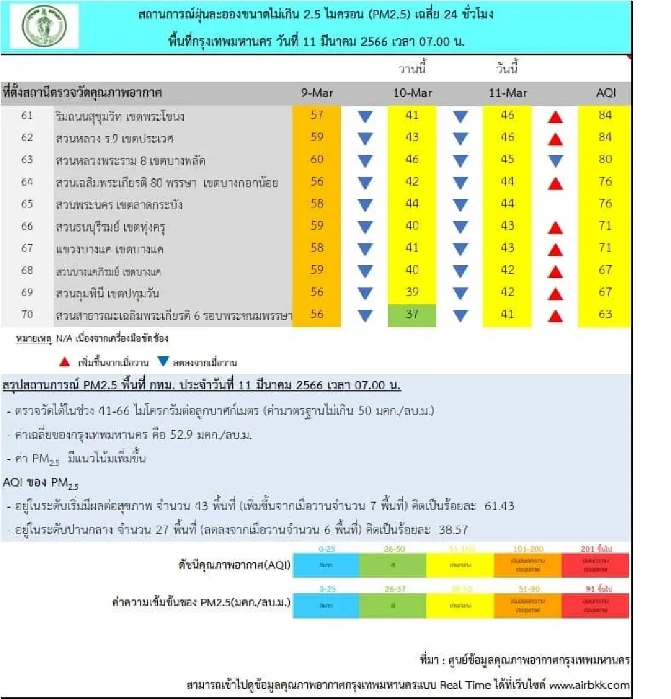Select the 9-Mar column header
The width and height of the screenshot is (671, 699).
pyautogui.click(x=317, y=93)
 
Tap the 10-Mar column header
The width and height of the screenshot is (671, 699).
pyautogui.click(x=412, y=93)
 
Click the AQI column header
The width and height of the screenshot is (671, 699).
pyautogui.click(x=606, y=93)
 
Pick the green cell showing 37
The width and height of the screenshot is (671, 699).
pyautogui.click(x=412, y=314)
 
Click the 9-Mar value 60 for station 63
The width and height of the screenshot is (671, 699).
pyautogui.click(x=317, y=159)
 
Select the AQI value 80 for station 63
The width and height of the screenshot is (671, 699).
pyautogui.click(x=605, y=159)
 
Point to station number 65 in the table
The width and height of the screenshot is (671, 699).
pyautogui.click(x=27, y=204)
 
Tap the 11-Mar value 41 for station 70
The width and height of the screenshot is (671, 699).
pyautogui.click(x=507, y=314)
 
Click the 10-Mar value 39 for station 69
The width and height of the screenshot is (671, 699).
pyautogui.click(x=412, y=292)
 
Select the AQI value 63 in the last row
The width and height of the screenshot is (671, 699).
pyautogui.click(x=605, y=314)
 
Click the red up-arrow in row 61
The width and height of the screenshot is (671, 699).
pyautogui.click(x=555, y=117)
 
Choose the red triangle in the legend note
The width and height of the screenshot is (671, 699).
pyautogui.click(x=65, y=362)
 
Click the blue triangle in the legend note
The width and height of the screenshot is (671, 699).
pyautogui.click(x=163, y=361)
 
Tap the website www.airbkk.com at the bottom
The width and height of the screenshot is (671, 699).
pyautogui.click(x=589, y=685)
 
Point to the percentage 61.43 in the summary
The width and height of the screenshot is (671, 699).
pyautogui.click(x=499, y=506)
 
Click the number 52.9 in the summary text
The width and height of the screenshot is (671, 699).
pyautogui.click(x=182, y=434)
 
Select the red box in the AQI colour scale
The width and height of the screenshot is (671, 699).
pyautogui.click(x=595, y=565)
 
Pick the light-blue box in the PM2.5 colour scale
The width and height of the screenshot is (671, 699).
pyautogui.click(x=326, y=606)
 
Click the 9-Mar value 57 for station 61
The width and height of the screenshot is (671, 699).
pyautogui.click(x=317, y=115)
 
